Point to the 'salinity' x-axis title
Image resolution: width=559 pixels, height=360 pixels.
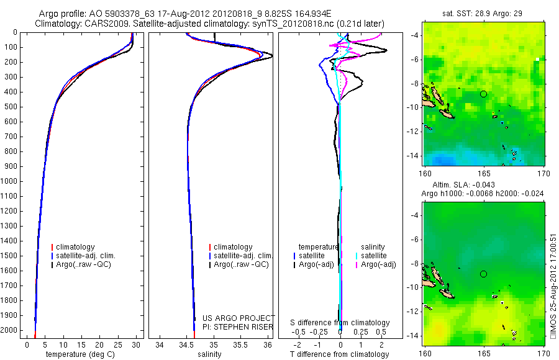(208, 354)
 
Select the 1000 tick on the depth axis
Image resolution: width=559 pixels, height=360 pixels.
(11, 181)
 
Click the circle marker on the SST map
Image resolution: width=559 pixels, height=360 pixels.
(483, 94)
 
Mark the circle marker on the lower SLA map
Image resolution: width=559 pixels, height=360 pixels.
(483, 274)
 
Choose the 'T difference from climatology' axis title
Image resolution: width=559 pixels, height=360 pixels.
(339, 354)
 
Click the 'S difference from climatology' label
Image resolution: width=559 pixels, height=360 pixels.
(340, 323)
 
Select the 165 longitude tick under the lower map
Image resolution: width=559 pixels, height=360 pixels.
(483, 351)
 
